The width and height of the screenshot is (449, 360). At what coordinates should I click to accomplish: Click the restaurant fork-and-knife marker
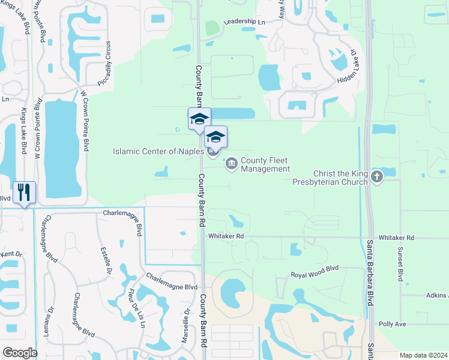tap(24, 193)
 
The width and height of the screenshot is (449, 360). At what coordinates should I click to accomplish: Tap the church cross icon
tap(376, 176)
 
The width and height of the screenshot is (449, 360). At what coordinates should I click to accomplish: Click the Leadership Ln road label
tap(244, 22)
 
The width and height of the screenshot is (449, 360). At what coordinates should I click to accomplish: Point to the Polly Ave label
tap(392, 324)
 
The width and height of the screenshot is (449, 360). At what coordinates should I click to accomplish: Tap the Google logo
tap(20, 353)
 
